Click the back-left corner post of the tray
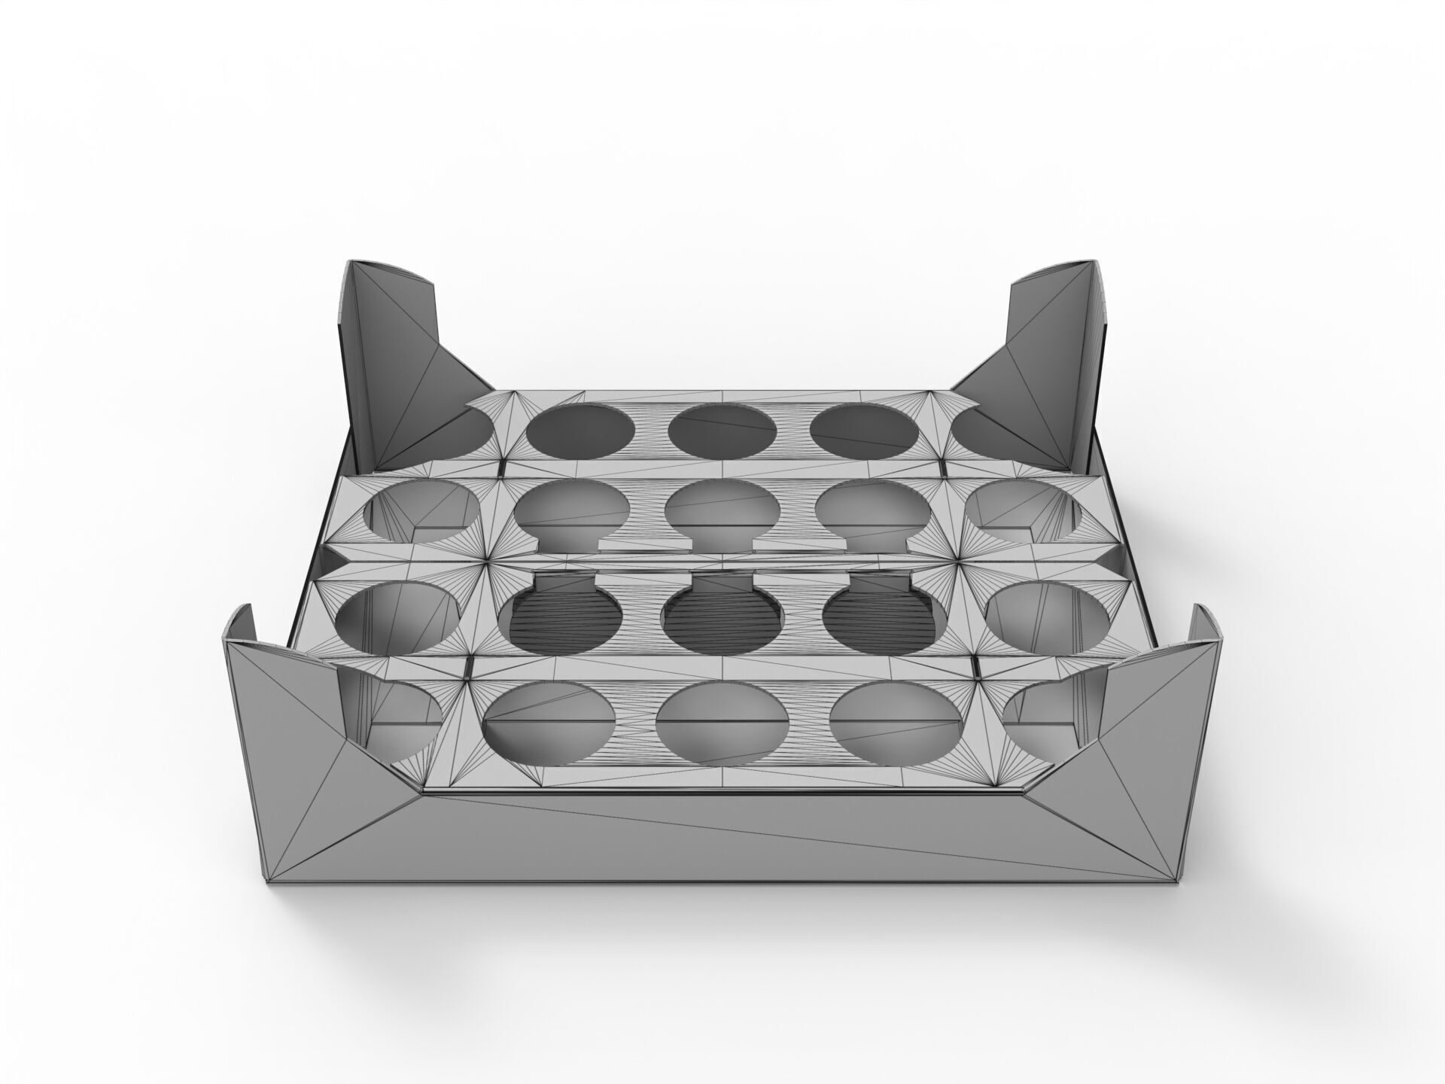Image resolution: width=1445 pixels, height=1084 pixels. tap(391, 361)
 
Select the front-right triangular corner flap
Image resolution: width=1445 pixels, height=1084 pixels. tap(1129, 745)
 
